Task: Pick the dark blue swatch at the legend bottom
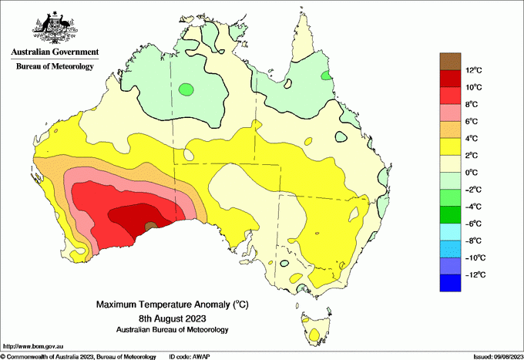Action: tap(450, 283)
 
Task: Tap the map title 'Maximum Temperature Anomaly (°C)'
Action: tap(172, 304)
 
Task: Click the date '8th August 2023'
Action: tap(172, 318)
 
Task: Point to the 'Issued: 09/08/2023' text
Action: tap(490, 356)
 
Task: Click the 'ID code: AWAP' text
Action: tap(190, 356)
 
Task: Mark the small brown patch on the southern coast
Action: tap(150, 227)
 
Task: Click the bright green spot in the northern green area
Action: tap(185, 89)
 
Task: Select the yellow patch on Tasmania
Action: tap(314, 335)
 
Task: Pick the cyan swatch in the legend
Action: tap(450, 232)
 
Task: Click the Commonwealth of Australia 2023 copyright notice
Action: tap(76, 356)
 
